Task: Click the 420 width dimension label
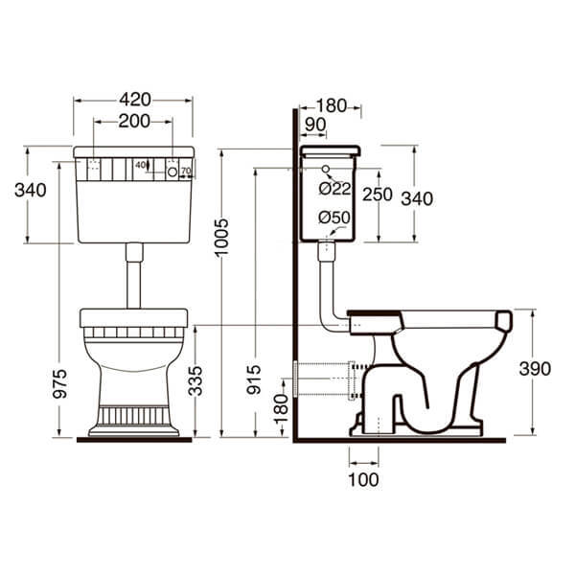[x=135, y=100]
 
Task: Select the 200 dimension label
[x=134, y=121]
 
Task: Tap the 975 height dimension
[x=59, y=383]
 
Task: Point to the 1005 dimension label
[x=221, y=237]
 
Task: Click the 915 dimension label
[x=254, y=379]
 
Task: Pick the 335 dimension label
[x=195, y=381]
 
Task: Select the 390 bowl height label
[x=535, y=369]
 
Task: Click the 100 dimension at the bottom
[x=363, y=480]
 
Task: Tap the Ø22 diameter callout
[x=334, y=189]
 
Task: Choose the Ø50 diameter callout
[x=334, y=218]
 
